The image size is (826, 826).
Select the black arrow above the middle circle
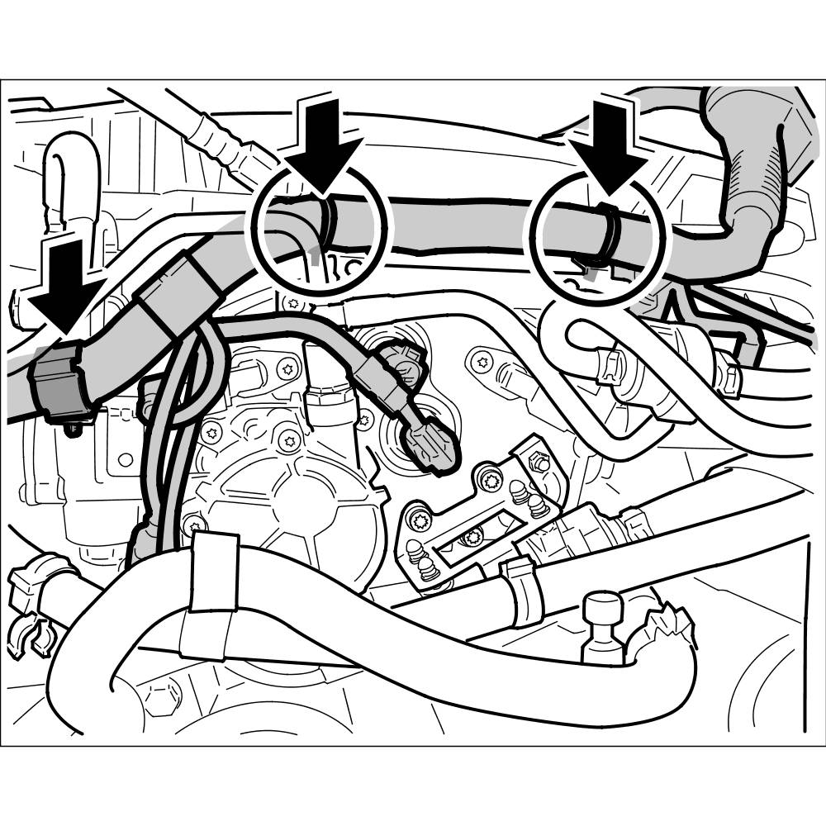325,140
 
